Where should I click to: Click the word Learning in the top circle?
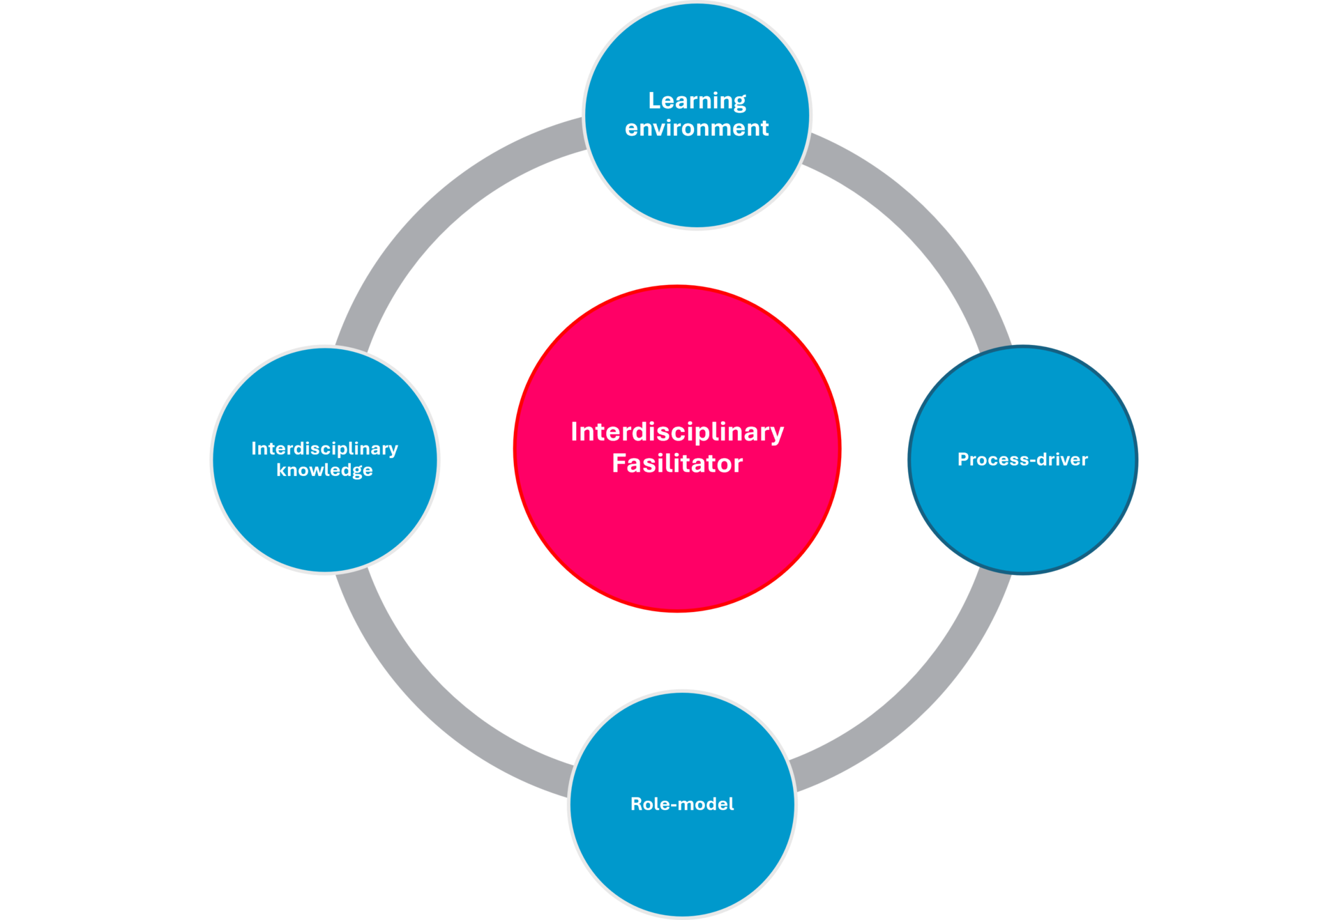pos(697,102)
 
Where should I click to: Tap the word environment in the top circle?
pos(697,128)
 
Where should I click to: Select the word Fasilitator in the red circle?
pos(677,463)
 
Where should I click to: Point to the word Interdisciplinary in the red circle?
pos(677,433)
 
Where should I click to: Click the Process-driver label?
pos(1022,459)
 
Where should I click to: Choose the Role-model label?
pos(682,804)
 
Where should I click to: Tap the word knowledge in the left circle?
pos(324,470)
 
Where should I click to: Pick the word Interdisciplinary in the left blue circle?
pos(324,449)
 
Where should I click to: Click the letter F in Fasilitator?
pos(619,463)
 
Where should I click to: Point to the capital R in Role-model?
pos(637,804)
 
